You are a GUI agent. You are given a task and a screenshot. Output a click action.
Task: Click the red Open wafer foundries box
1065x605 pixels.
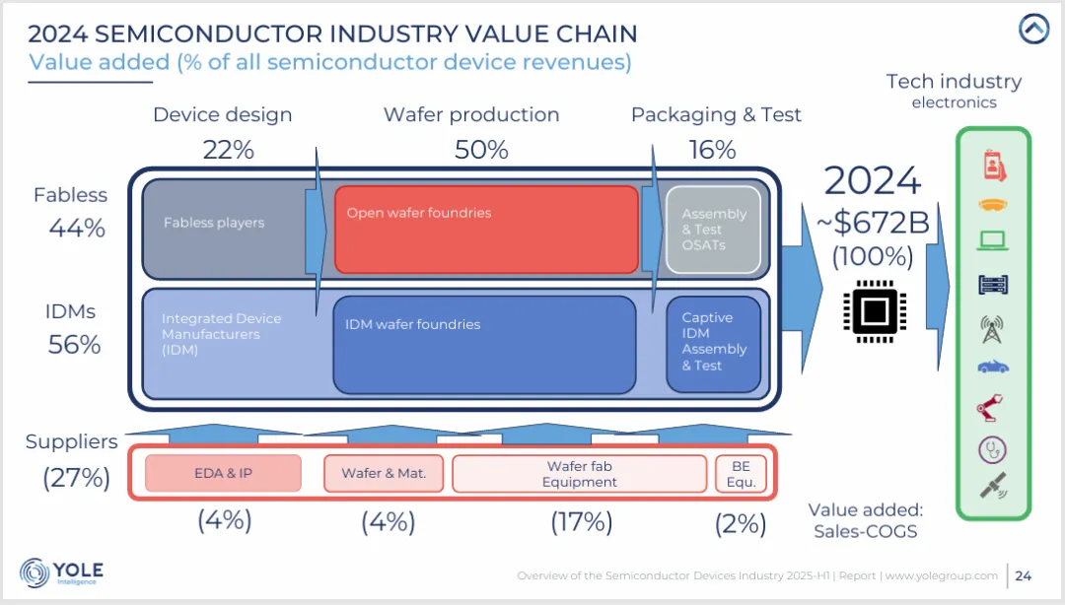tap(486, 229)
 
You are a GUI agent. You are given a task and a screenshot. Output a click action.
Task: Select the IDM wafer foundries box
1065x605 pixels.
tap(484, 344)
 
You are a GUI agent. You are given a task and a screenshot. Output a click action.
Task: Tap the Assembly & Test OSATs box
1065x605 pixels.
tap(714, 230)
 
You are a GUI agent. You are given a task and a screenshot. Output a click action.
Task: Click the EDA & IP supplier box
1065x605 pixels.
tap(223, 473)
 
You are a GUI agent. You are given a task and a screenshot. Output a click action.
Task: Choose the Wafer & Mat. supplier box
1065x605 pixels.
tap(384, 473)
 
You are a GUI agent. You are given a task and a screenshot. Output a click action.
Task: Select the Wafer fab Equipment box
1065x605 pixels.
tap(580, 474)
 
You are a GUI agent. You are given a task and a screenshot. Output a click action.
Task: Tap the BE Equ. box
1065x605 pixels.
tap(741, 474)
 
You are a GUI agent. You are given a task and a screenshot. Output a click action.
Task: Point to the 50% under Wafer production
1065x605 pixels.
tap(481, 150)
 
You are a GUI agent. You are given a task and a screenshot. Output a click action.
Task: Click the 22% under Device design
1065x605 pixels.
tap(229, 150)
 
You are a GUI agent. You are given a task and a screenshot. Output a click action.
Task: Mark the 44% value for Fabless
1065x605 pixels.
tap(77, 229)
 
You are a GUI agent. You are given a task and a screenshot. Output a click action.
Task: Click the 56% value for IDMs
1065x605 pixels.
tap(75, 345)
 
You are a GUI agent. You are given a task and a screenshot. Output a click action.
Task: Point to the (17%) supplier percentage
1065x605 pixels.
tap(581, 521)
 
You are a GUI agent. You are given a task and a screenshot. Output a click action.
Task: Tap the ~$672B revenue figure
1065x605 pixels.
tap(874, 223)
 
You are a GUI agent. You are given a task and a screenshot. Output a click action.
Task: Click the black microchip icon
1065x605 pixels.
tap(874, 314)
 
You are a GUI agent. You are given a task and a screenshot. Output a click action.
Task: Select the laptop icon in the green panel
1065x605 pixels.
tap(993, 240)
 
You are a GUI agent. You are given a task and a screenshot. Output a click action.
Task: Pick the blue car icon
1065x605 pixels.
tap(993, 367)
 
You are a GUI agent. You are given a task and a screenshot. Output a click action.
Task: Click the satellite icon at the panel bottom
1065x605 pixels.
tap(993, 486)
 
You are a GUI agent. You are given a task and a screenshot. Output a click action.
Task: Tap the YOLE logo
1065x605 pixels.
tap(61, 572)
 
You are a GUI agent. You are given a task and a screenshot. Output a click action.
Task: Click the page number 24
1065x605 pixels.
tap(1023, 575)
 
